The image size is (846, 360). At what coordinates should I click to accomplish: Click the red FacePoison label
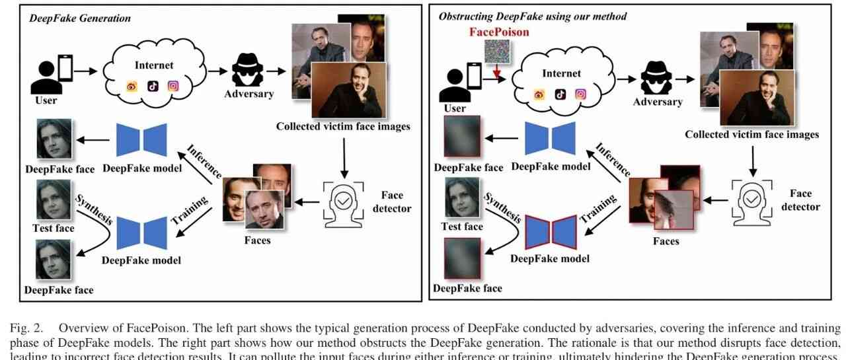pyautogui.click(x=498, y=32)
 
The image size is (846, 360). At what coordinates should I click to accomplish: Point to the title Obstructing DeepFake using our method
pyautogui.click(x=533, y=16)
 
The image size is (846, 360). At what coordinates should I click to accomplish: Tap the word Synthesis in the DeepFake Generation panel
pyautogui.click(x=94, y=209)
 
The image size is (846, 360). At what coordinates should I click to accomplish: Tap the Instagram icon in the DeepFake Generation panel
pyautogui.click(x=174, y=86)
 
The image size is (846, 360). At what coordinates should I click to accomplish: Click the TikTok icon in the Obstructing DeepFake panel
pyautogui.click(x=560, y=94)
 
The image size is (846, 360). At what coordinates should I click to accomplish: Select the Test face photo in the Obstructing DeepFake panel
pyautogui.click(x=462, y=198)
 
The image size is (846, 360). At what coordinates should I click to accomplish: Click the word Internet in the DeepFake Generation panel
pyautogui.click(x=154, y=65)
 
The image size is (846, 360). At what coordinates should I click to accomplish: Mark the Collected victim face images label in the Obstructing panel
pyautogui.click(x=751, y=135)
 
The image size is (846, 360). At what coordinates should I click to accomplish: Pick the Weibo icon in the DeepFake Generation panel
pyautogui.click(x=132, y=87)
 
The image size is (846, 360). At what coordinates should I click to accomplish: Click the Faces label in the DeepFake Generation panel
pyautogui.click(x=257, y=240)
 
